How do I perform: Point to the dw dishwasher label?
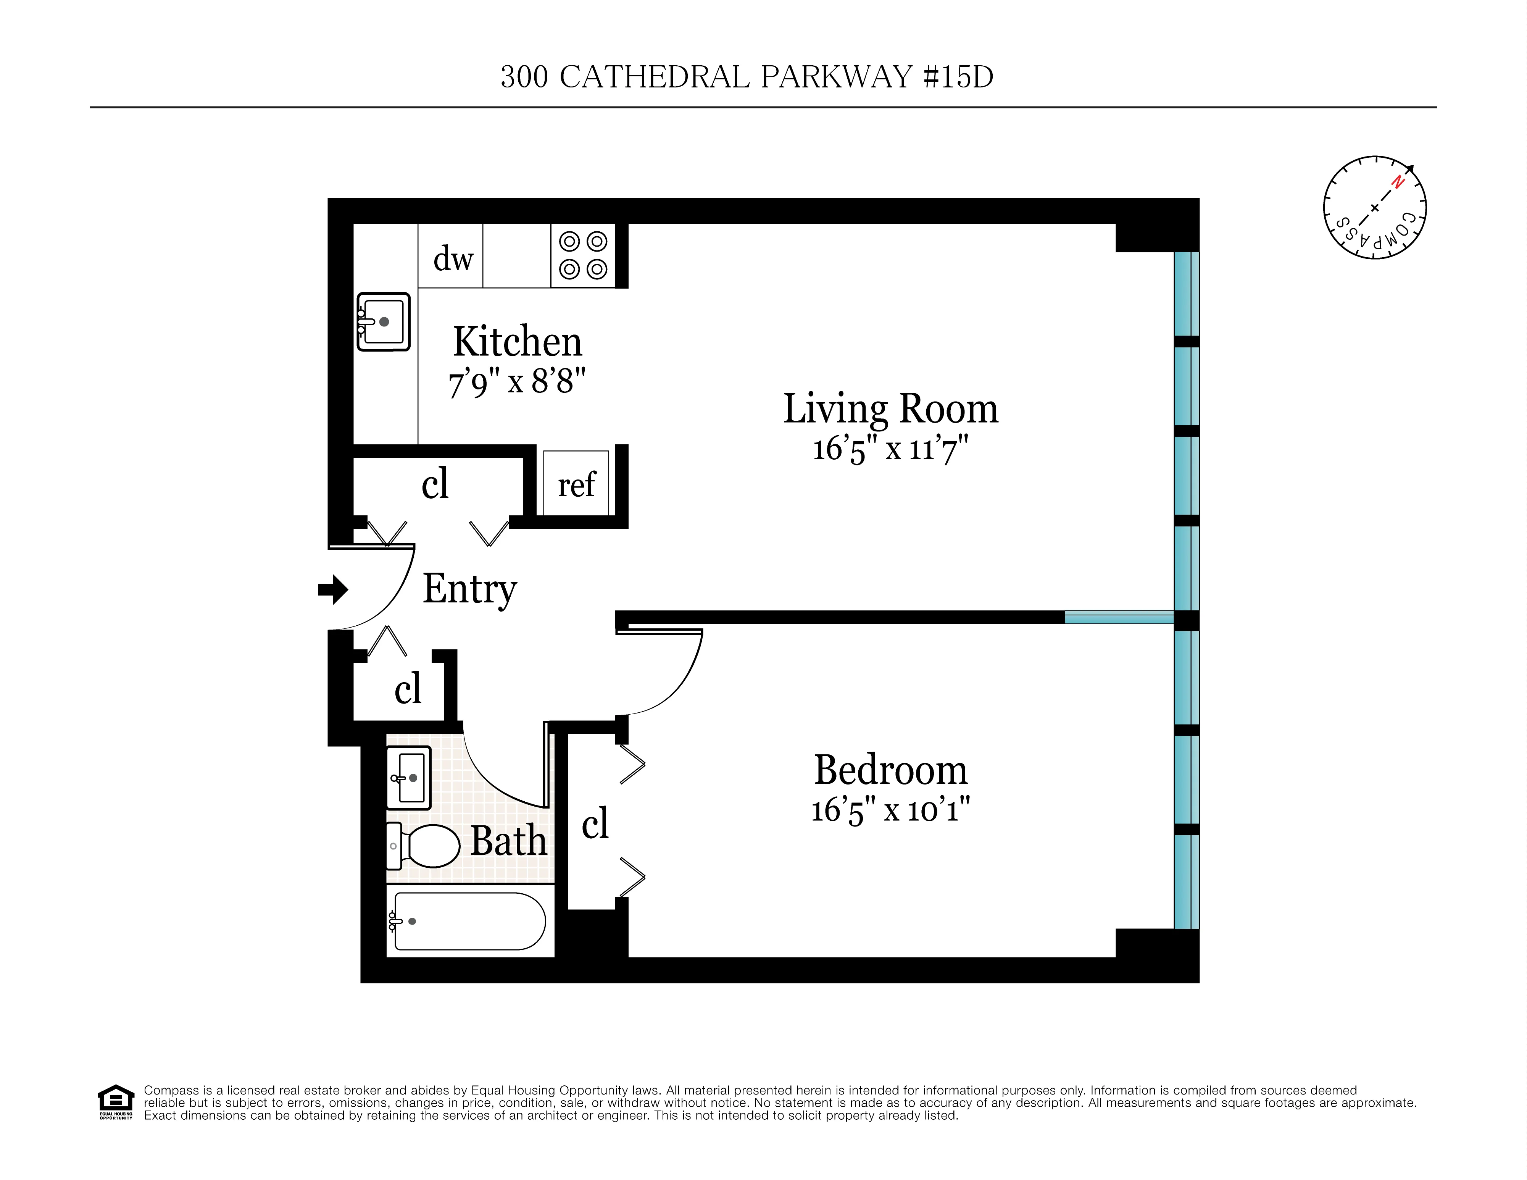tap(453, 259)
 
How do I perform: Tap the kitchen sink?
tap(383, 322)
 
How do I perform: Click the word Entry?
tap(469, 589)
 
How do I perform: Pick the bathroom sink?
tap(409, 778)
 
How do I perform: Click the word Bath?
tap(508, 840)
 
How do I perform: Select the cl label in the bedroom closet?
tap(595, 823)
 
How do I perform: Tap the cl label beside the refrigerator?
tap(434, 483)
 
